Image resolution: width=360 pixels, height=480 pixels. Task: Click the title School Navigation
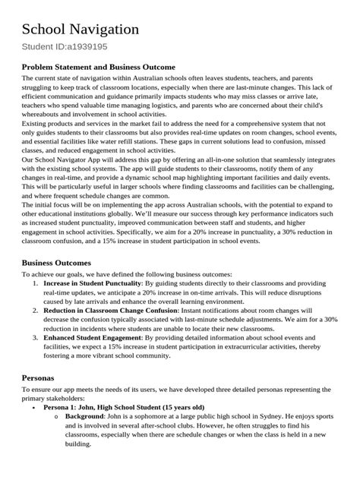[x=80, y=29]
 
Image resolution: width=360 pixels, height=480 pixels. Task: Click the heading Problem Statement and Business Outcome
[x=98, y=67]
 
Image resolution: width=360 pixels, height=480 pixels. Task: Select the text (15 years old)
[x=178, y=407]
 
